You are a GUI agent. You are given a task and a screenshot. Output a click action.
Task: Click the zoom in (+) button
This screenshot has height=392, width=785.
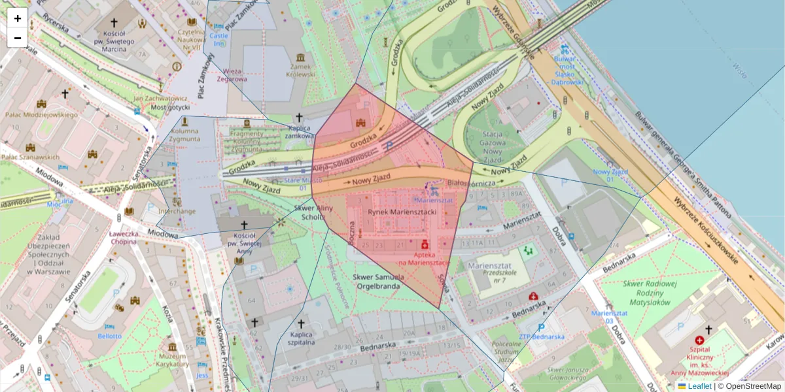18,18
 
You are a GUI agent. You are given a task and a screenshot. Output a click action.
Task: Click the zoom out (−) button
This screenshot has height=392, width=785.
18,38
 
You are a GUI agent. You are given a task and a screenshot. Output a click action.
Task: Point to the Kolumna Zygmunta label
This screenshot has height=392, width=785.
184,135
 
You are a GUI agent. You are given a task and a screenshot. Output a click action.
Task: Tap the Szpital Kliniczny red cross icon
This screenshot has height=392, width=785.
699,340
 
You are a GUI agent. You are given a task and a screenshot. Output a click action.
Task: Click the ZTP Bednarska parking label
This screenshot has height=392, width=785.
541,336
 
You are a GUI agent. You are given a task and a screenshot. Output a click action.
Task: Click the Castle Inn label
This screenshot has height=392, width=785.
218,39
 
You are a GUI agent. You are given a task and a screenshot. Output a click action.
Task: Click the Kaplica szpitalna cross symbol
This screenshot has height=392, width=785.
301,323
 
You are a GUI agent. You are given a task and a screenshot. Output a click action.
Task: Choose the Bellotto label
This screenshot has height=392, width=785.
109,336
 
